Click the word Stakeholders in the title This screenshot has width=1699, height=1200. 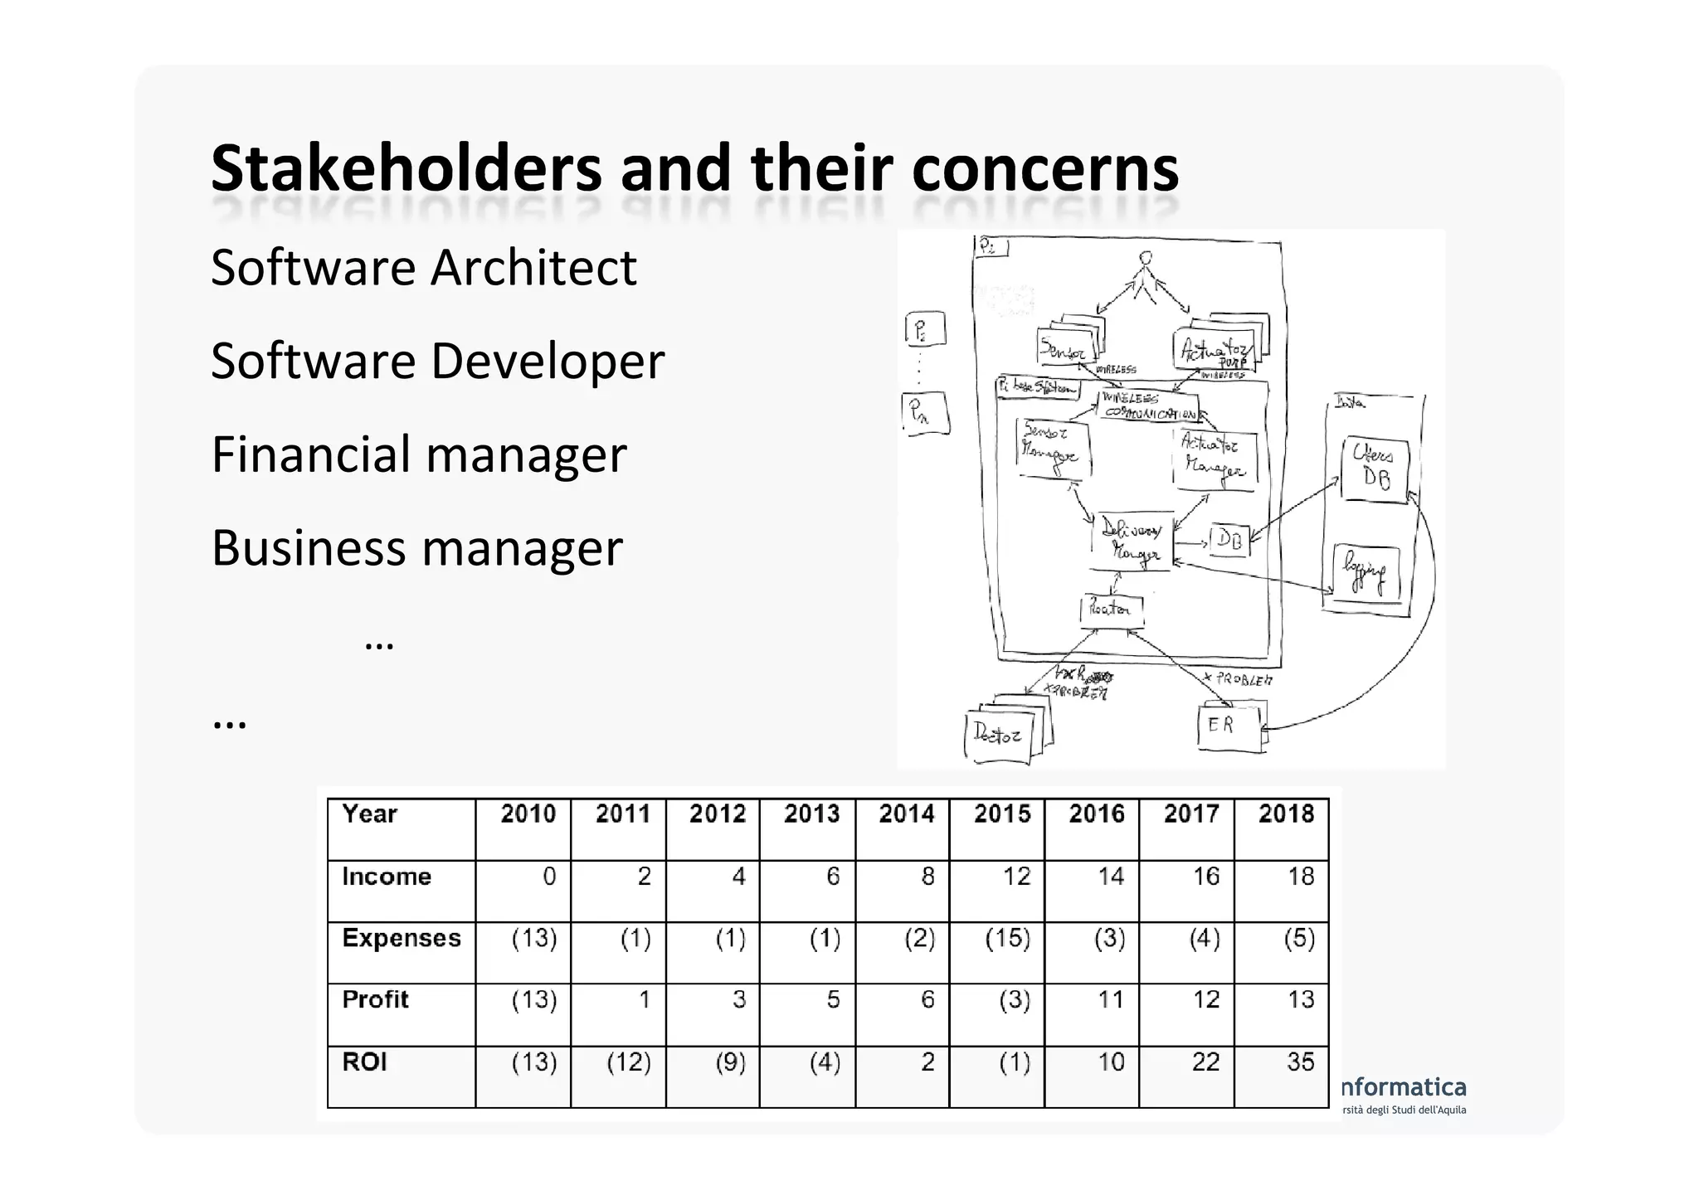(406, 169)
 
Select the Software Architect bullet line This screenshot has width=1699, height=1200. (423, 268)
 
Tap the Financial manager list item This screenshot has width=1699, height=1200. (418, 454)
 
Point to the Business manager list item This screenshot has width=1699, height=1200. (416, 548)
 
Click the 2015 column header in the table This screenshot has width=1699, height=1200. (1001, 814)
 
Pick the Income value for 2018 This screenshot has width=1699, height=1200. (1300, 877)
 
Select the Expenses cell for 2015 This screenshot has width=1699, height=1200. (1007, 939)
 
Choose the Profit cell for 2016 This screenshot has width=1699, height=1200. (1110, 1000)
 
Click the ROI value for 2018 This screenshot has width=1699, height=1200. (1300, 1062)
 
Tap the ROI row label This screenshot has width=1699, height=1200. (364, 1062)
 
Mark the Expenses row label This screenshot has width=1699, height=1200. (402, 939)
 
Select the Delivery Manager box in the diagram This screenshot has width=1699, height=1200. (1132, 541)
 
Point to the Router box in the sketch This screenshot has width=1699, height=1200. (1110, 610)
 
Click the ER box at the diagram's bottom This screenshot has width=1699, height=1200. (1227, 727)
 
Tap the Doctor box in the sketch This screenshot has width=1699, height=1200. (999, 735)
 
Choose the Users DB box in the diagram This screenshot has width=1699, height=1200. (1374, 469)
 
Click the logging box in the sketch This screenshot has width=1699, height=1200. (1365, 571)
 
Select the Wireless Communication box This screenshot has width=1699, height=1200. (1148, 406)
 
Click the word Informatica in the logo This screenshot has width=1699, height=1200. (1404, 1087)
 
